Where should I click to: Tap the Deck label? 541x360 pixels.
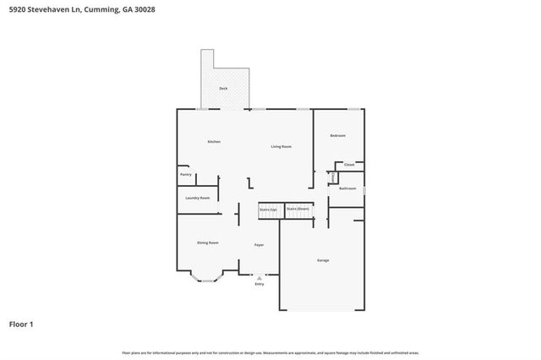click(223, 88)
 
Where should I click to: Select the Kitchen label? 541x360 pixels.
click(214, 142)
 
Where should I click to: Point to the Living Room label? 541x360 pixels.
click(281, 147)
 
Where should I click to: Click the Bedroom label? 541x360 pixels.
click(337, 135)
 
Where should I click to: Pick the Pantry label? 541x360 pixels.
click(186, 175)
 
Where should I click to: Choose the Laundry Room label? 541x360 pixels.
click(199, 198)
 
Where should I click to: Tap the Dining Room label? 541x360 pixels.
click(208, 243)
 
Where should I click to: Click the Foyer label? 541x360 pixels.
click(259, 245)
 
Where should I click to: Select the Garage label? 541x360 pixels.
click(323, 259)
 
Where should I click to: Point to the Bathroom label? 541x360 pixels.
click(347, 188)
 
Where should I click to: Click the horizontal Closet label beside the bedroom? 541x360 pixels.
click(349, 165)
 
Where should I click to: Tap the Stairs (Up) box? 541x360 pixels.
click(268, 209)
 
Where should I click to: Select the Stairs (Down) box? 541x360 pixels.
click(298, 208)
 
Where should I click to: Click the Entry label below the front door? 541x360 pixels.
click(260, 284)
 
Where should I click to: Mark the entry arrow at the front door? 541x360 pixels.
click(260, 276)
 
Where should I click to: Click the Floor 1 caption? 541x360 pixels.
click(21, 324)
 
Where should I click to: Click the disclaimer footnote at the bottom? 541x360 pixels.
click(270, 352)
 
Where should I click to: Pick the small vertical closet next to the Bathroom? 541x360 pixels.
click(333, 177)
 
